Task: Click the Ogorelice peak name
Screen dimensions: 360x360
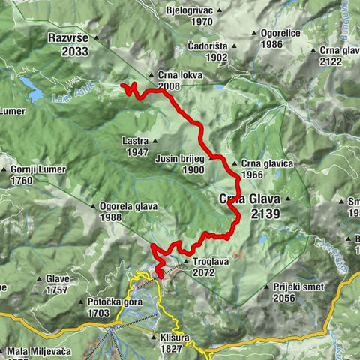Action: point(282,34)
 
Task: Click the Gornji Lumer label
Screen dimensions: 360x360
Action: point(37,169)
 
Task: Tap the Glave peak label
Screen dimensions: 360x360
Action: point(57,279)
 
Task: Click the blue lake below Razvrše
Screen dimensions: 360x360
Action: point(32,88)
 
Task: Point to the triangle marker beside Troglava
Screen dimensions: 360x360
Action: point(186,262)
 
